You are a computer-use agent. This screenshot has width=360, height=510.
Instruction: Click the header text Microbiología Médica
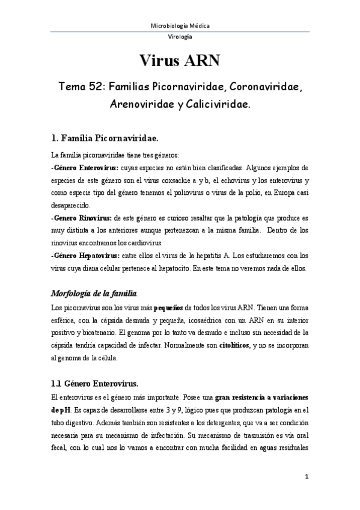[x=180, y=25]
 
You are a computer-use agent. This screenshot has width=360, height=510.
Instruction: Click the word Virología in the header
[x=180, y=37]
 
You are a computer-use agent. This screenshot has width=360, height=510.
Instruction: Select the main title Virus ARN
[x=180, y=61]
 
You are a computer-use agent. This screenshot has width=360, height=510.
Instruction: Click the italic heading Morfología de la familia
[x=94, y=293]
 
